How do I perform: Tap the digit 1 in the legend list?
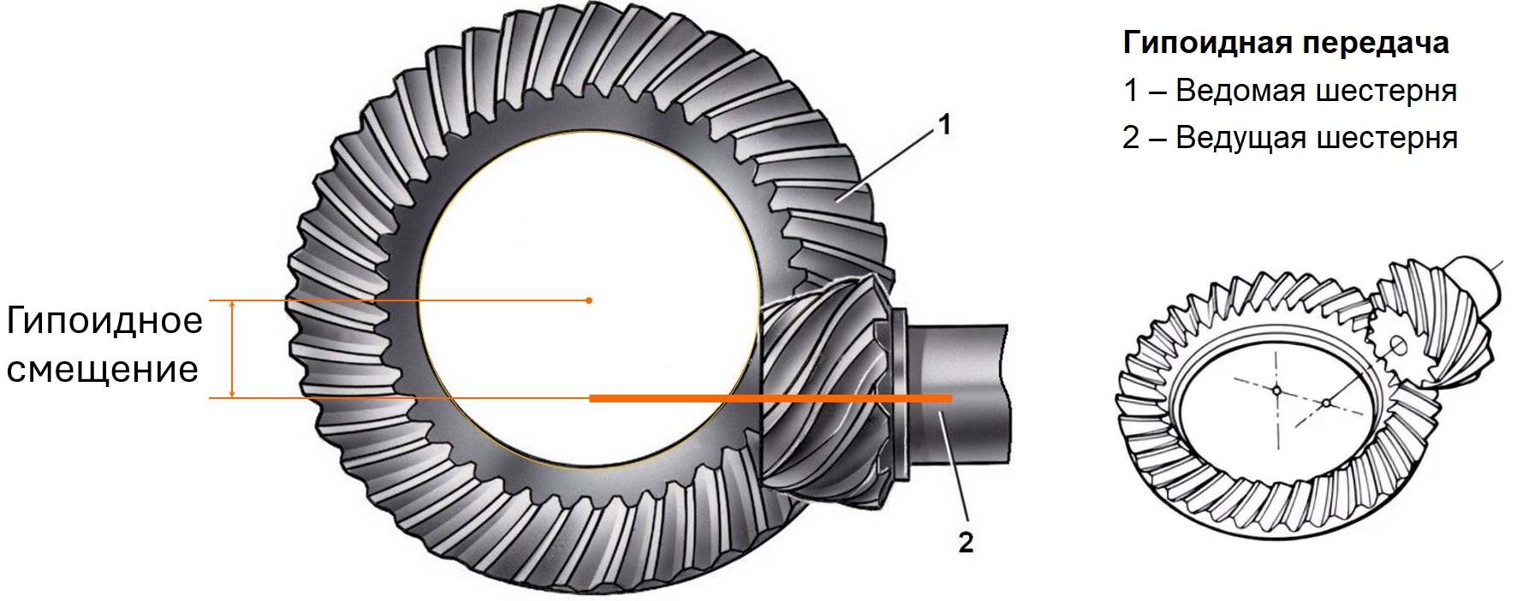click(x=1131, y=90)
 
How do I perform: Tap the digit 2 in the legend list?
click(x=1132, y=137)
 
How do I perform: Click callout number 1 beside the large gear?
click(x=945, y=126)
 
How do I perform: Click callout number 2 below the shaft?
click(x=966, y=542)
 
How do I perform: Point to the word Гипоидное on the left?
click(x=104, y=322)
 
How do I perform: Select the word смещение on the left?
click(x=103, y=370)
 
